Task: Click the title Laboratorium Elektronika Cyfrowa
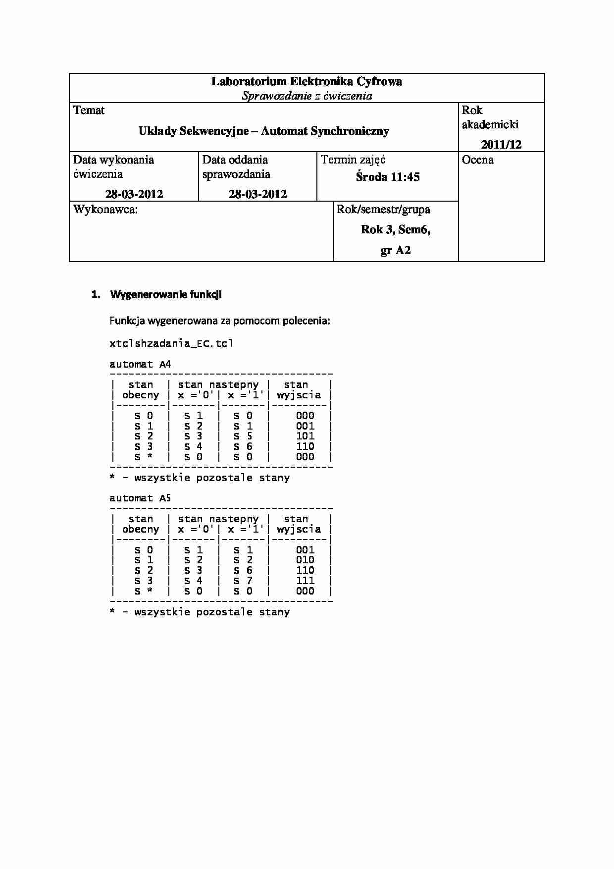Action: click(x=307, y=82)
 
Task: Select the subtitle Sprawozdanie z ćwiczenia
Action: click(x=307, y=96)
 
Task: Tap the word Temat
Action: click(x=89, y=110)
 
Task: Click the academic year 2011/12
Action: click(x=501, y=145)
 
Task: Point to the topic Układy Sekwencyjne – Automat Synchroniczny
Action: click(x=263, y=131)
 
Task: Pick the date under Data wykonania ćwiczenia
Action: click(x=134, y=194)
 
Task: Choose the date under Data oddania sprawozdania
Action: click(x=257, y=194)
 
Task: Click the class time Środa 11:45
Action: click(x=388, y=177)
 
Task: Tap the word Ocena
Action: click(x=478, y=160)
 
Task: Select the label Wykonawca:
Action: click(x=105, y=210)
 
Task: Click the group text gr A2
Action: click(x=396, y=251)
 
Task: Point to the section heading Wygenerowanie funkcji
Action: click(x=166, y=295)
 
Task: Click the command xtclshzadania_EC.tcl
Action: click(x=171, y=343)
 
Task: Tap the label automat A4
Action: click(x=140, y=365)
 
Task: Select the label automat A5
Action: click(x=140, y=498)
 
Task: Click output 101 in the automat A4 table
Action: click(x=305, y=436)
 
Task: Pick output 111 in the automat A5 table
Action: click(x=305, y=581)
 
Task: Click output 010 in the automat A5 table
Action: click(x=305, y=560)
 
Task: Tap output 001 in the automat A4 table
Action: click(x=305, y=426)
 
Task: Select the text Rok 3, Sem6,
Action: click(x=396, y=230)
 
